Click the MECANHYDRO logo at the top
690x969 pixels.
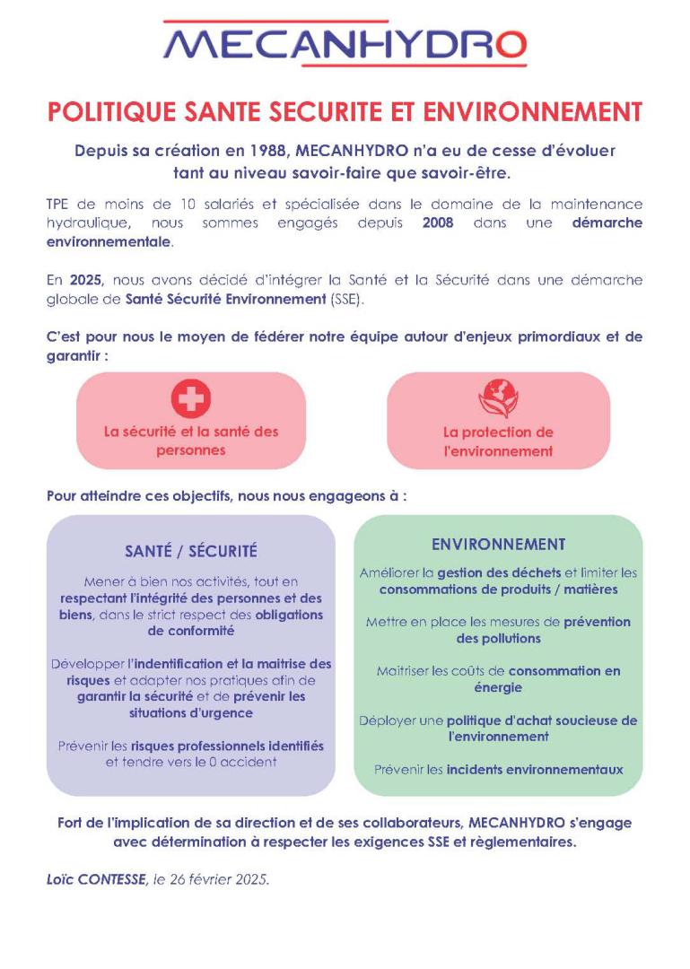(345, 44)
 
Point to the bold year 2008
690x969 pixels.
(438, 223)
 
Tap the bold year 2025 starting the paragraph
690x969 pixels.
(84, 280)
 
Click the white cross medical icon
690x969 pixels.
(190, 398)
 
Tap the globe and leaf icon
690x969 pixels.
(498, 399)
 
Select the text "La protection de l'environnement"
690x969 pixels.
(498, 441)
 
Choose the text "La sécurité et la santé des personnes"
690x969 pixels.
(190, 441)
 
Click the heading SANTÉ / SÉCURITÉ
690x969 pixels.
(190, 551)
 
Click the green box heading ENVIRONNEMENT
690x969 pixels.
(498, 545)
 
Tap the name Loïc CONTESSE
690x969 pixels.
(96, 880)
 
